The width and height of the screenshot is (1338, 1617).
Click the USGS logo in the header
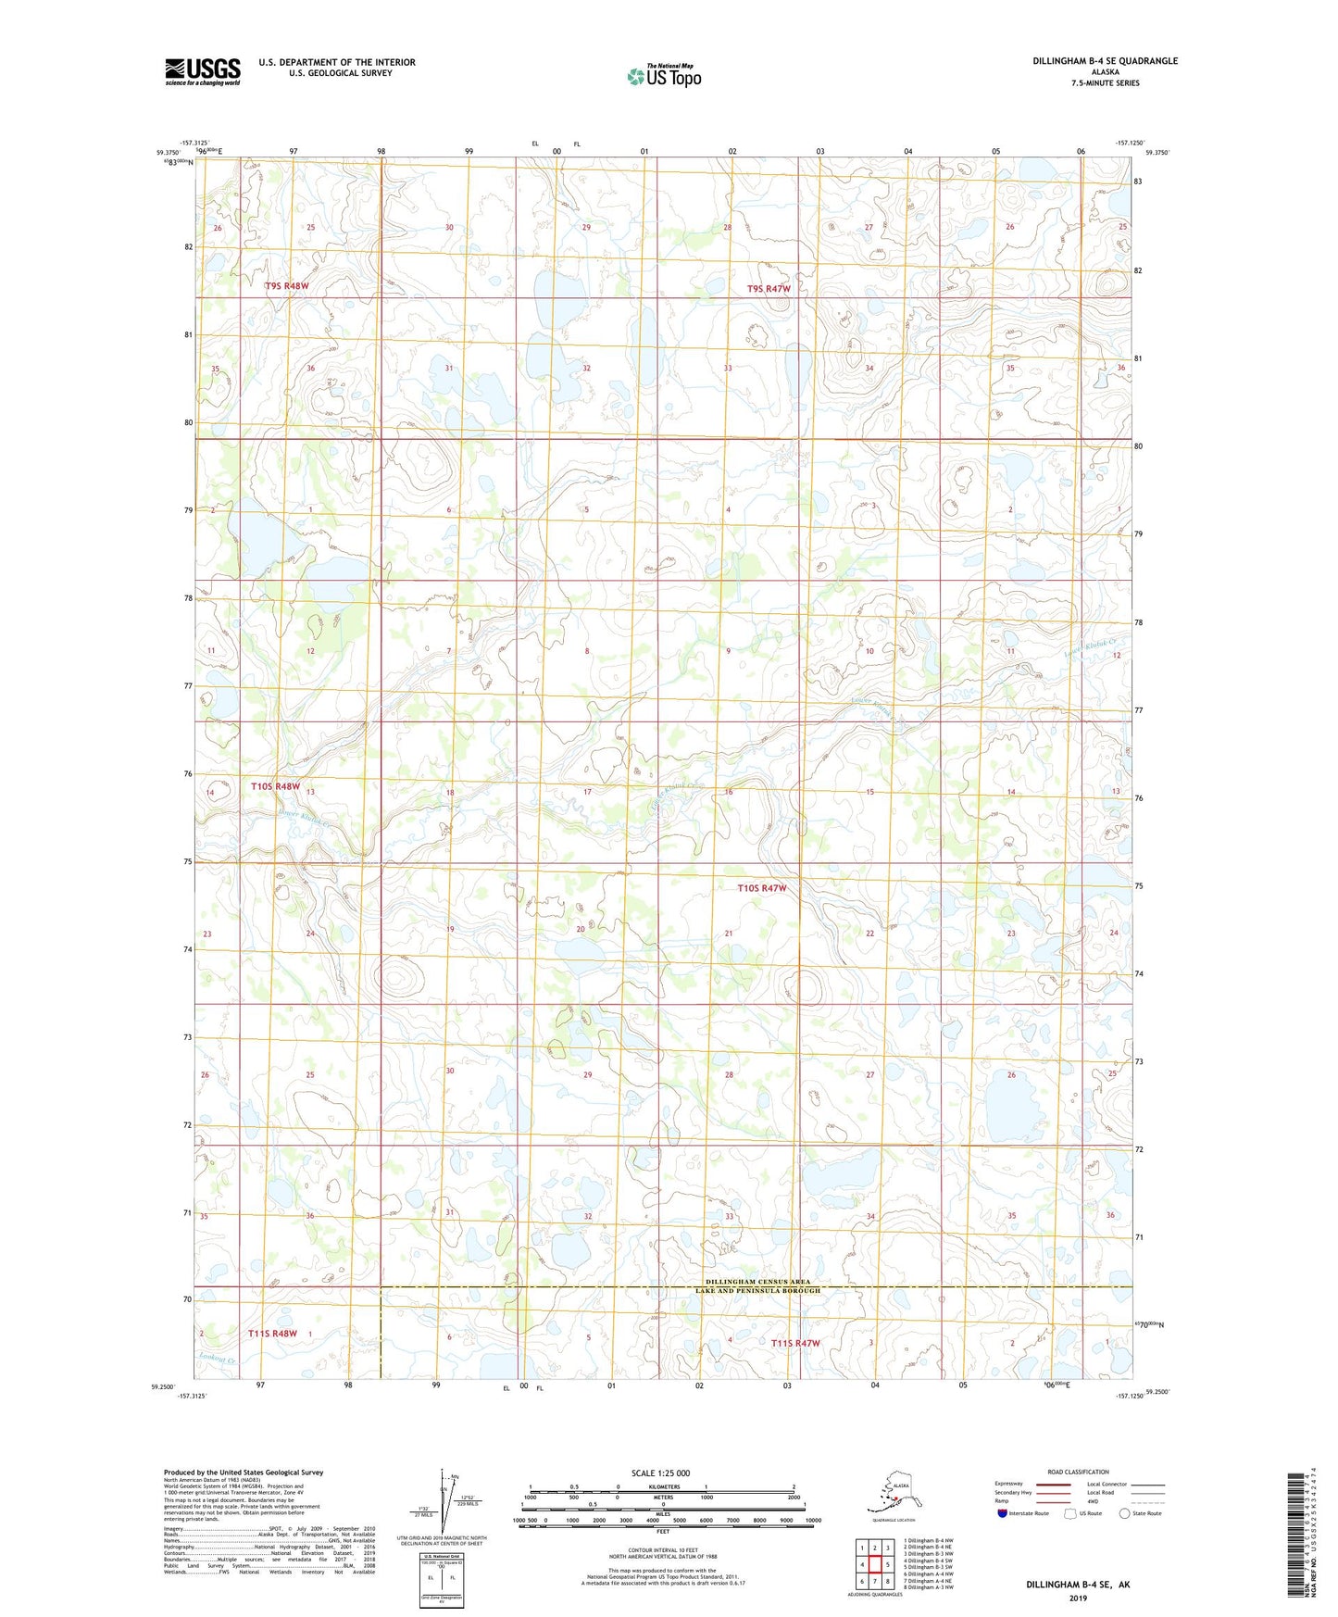pos(203,72)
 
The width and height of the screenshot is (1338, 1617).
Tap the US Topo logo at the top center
pos(663,76)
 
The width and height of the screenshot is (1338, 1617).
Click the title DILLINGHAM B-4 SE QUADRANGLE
pos(1105,61)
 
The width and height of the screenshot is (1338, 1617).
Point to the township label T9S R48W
pos(286,286)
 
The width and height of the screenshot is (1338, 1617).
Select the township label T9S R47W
pos(769,289)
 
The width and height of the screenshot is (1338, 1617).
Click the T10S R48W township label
pos(276,786)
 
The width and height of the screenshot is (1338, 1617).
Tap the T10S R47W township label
pos(761,888)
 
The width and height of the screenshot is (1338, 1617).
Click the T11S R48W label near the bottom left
pos(272,1334)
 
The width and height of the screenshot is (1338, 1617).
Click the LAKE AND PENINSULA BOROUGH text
pos(757,1291)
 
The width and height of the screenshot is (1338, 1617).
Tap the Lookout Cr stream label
pos(219,1360)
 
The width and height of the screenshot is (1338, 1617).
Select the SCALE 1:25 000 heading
pos(660,1473)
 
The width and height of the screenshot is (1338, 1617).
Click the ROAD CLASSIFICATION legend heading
pos(1078,1472)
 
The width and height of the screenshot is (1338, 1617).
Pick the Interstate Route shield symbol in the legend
pos(1003,1513)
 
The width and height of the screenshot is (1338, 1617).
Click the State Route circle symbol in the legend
pos(1125,1513)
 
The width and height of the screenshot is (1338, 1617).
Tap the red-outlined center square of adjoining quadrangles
pos(874,1564)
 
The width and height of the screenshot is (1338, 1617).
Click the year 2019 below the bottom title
pos(1078,1598)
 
